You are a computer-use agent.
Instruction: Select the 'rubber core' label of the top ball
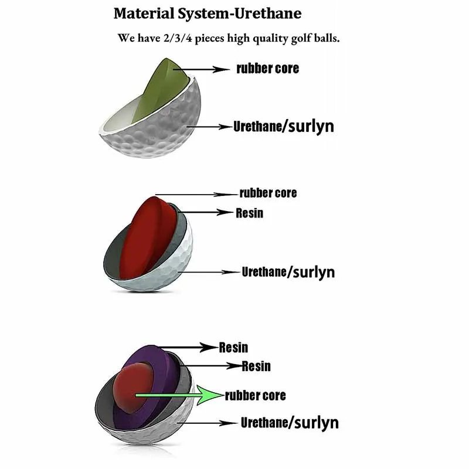(267, 69)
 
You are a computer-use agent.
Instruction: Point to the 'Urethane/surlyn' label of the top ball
(283, 126)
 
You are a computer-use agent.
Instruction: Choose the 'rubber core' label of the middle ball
(268, 193)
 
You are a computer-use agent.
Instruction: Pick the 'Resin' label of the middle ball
(249, 213)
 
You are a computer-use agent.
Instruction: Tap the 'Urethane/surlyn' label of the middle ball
(288, 272)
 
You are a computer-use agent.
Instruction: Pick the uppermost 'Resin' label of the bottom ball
(233, 347)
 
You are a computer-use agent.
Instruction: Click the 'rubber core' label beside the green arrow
(256, 396)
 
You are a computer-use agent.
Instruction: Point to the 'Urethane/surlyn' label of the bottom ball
(289, 423)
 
